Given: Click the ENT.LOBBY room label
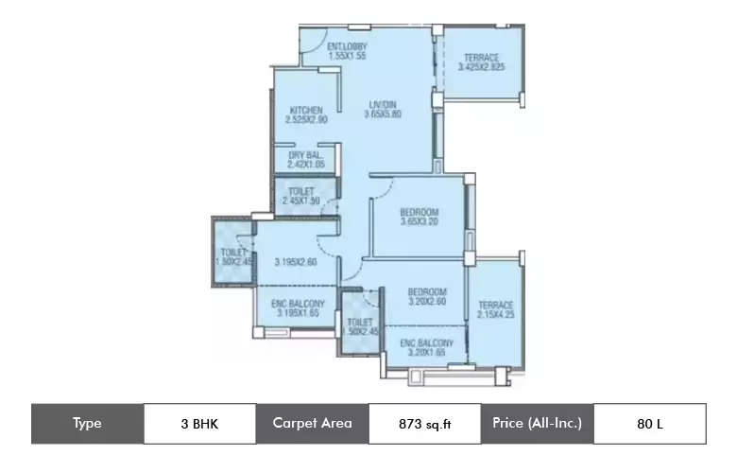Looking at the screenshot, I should [x=347, y=46].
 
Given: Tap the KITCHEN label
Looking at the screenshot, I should [x=306, y=110].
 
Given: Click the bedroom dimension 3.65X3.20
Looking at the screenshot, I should [x=419, y=221].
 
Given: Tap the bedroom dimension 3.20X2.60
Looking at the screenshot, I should [x=427, y=302].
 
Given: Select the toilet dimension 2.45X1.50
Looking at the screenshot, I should [x=301, y=201].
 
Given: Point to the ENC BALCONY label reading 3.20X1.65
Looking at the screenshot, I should [x=426, y=352].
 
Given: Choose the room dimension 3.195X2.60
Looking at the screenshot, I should [x=296, y=262].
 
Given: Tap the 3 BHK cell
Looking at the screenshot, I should [x=199, y=424].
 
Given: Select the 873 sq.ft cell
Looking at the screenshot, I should [x=424, y=424].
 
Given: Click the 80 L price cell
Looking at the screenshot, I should [x=649, y=424].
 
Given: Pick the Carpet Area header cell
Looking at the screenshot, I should [x=312, y=424].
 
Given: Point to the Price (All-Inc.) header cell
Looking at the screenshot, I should [x=537, y=424].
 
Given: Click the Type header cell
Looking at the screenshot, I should [x=87, y=424].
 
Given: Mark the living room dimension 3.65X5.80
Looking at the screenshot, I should [x=383, y=114].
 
